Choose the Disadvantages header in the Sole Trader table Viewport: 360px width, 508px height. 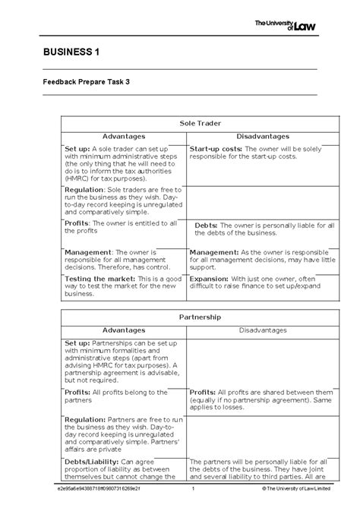click(252, 135)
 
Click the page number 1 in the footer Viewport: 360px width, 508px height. click(194, 498)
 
